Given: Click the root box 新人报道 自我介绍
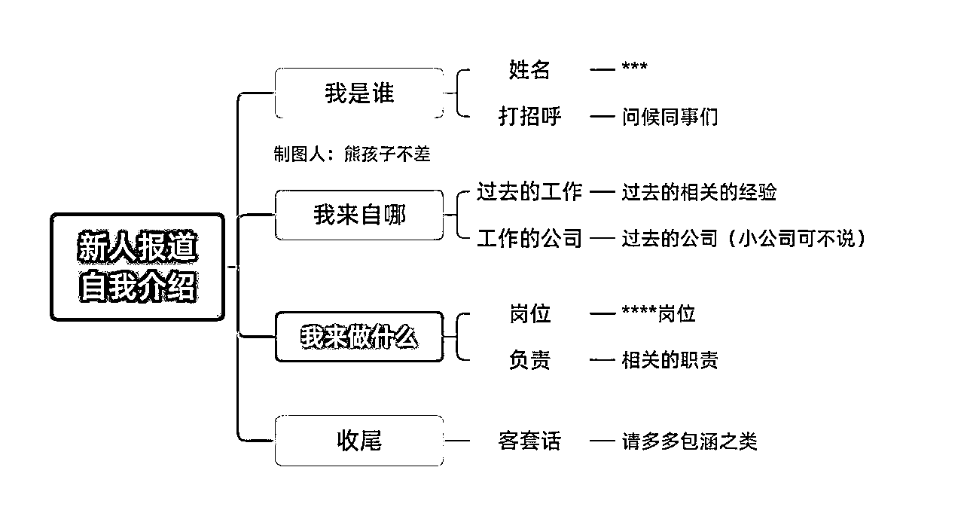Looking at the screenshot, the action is click(138, 267).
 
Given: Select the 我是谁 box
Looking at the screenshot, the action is click(359, 93).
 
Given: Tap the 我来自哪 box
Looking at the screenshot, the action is click(359, 215).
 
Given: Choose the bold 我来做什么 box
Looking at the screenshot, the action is click(359, 337).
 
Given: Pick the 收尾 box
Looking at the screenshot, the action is click(359, 441).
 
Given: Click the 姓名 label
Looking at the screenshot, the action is click(529, 70).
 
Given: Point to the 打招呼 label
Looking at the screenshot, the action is click(529, 116).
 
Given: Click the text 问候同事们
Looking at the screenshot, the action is click(670, 117).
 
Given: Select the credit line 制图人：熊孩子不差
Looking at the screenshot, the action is click(352, 154).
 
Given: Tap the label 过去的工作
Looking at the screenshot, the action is click(529, 192).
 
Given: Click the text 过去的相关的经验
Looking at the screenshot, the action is click(699, 192).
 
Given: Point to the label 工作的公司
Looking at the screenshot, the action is click(529, 239).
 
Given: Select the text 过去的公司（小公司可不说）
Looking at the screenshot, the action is click(744, 239).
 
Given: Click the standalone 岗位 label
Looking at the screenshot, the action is click(529, 313).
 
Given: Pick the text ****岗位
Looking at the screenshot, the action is click(658, 313).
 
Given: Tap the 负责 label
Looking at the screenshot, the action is click(529, 360).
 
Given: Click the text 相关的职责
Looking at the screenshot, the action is click(670, 360).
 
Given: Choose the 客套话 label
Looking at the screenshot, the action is click(529, 441).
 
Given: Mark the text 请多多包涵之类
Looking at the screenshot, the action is click(689, 441).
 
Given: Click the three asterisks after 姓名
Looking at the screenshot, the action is click(634, 67).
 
